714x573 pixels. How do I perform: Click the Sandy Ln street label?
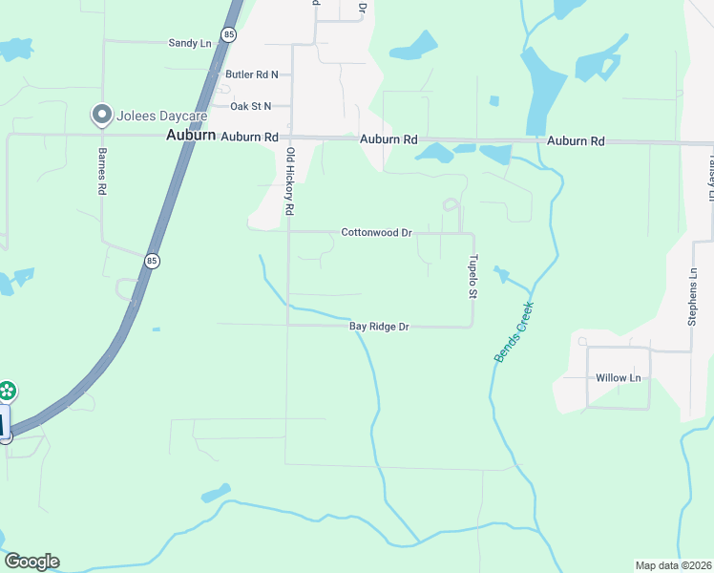click(189, 43)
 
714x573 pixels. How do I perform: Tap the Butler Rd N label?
click(252, 74)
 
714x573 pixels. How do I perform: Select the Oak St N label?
click(250, 106)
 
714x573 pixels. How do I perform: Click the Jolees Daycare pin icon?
click(101, 116)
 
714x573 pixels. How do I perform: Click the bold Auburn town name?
click(190, 136)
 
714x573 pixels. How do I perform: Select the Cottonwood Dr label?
click(377, 232)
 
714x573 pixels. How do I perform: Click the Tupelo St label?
click(472, 276)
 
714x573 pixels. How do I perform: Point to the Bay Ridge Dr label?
click(379, 327)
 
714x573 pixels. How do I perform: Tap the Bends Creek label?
click(514, 332)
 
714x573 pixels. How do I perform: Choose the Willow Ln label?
click(619, 377)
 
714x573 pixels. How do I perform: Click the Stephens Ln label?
click(693, 296)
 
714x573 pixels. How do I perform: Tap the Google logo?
click(31, 562)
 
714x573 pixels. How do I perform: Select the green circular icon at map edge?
click(7, 390)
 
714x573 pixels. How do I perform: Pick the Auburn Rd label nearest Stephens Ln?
click(576, 141)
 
